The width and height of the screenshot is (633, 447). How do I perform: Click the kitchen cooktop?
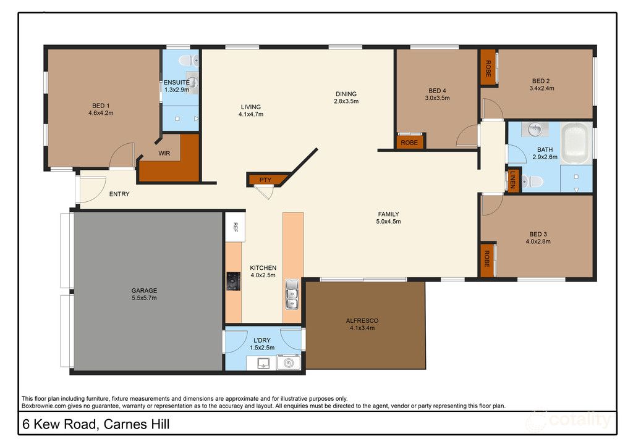[232, 282]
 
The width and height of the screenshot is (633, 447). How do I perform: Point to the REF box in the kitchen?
[235, 227]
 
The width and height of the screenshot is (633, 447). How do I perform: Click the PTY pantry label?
[265, 180]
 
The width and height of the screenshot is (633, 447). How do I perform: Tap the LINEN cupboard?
[512, 180]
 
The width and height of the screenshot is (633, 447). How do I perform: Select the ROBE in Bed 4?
[409, 143]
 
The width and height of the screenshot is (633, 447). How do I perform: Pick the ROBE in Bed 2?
[488, 68]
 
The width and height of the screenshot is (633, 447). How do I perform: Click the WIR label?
[164, 153]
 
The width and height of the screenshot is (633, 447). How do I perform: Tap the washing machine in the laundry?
[289, 364]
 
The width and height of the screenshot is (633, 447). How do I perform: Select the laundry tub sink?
[263, 364]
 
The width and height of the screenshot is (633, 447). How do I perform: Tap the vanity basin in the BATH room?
[533, 130]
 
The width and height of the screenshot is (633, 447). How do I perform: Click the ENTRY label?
[119, 194]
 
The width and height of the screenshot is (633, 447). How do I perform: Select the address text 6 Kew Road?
[59, 425]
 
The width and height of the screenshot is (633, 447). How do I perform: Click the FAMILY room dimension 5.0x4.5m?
[389, 222]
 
